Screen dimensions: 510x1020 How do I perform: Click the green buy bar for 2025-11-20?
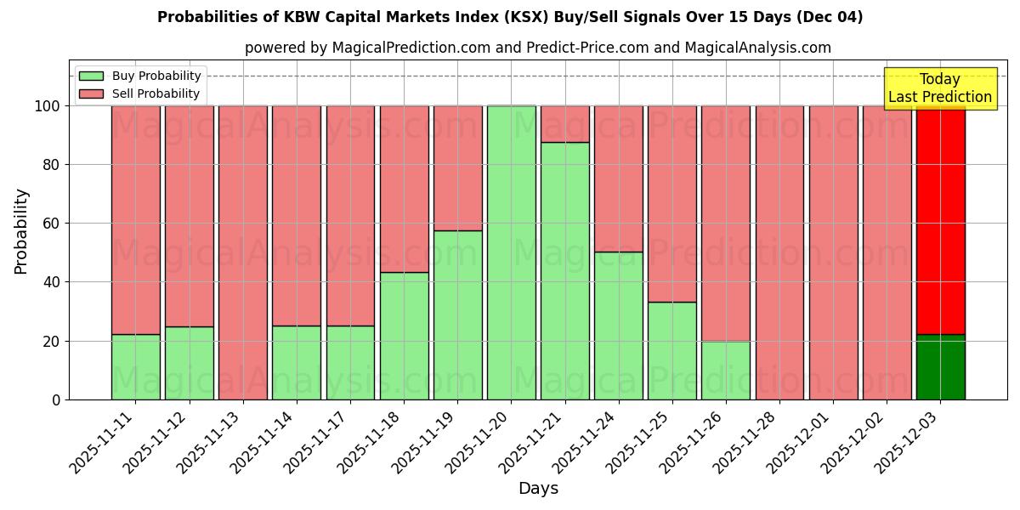click(x=512, y=252)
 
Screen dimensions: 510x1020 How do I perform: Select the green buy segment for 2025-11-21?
click(x=565, y=270)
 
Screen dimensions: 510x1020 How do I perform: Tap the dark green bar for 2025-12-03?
click(x=941, y=367)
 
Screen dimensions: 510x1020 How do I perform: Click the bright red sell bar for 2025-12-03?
click(x=941, y=219)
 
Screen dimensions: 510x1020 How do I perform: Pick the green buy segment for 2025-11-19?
click(x=458, y=314)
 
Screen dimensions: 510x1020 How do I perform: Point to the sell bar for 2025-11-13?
click(x=243, y=252)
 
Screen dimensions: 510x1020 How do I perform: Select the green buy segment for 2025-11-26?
click(x=726, y=370)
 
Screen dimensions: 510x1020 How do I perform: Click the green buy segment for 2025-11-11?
click(x=136, y=366)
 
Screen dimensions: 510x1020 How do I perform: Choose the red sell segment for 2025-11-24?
click(x=619, y=178)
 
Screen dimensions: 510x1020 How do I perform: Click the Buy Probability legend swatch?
click(x=91, y=76)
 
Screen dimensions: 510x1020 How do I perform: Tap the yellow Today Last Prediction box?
click(x=939, y=88)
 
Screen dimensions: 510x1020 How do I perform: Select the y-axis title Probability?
click(x=21, y=231)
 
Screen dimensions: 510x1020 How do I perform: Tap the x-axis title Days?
click(x=538, y=489)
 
